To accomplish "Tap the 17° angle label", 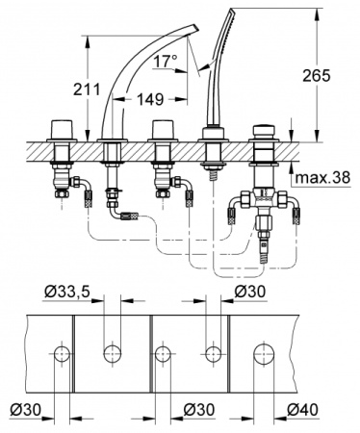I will (x=170, y=63).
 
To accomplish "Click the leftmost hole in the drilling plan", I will (x=64, y=354).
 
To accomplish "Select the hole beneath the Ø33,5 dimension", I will (x=113, y=354).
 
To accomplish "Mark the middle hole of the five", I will (x=165, y=354).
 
